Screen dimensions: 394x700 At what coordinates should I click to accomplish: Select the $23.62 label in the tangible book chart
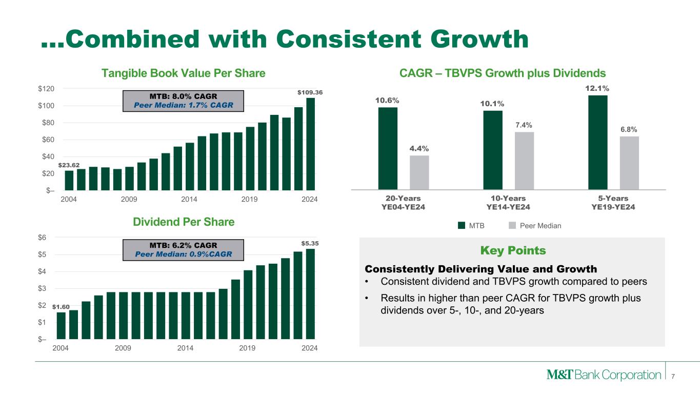tap(69, 165)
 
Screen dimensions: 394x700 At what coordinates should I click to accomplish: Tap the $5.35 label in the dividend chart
tap(310, 243)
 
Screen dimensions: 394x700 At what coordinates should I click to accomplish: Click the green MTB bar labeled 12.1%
tap(597, 142)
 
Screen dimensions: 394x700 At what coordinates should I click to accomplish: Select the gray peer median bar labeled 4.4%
tap(419, 172)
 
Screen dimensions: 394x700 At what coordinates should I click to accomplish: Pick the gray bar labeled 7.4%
tap(524, 161)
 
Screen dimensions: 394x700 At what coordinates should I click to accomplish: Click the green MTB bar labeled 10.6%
tap(388, 148)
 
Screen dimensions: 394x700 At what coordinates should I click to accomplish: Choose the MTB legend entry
tap(471, 225)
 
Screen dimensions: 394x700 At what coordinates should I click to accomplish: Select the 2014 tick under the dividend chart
tap(185, 348)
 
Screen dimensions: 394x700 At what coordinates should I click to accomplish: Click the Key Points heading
tap(513, 251)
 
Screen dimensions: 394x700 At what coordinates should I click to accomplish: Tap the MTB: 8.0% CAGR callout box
tap(183, 101)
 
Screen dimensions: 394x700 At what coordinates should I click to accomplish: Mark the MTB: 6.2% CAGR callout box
tap(183, 249)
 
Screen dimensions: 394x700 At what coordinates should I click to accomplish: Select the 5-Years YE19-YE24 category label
tap(614, 203)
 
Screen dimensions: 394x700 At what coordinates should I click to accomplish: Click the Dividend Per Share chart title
tap(184, 222)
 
